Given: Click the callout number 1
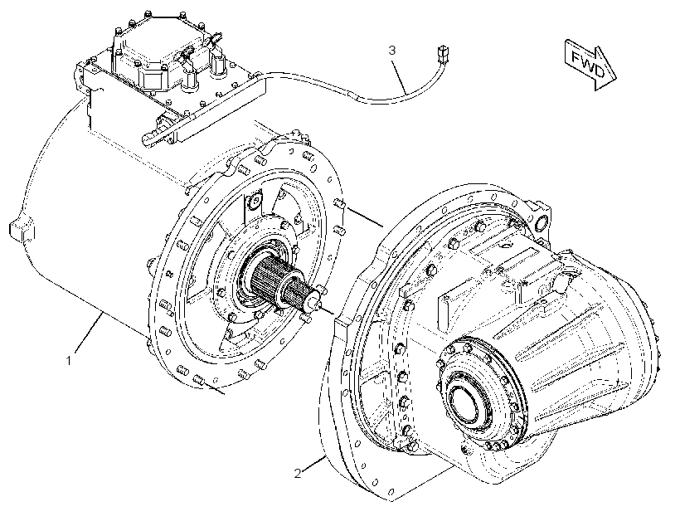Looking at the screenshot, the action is click(x=68, y=360).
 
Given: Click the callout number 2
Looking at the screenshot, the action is click(x=298, y=473).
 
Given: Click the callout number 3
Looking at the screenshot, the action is click(x=392, y=51).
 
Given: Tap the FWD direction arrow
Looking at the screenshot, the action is click(x=590, y=64).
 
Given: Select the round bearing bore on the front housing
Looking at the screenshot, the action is click(x=467, y=403).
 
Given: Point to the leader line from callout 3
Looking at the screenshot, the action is click(x=401, y=76).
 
